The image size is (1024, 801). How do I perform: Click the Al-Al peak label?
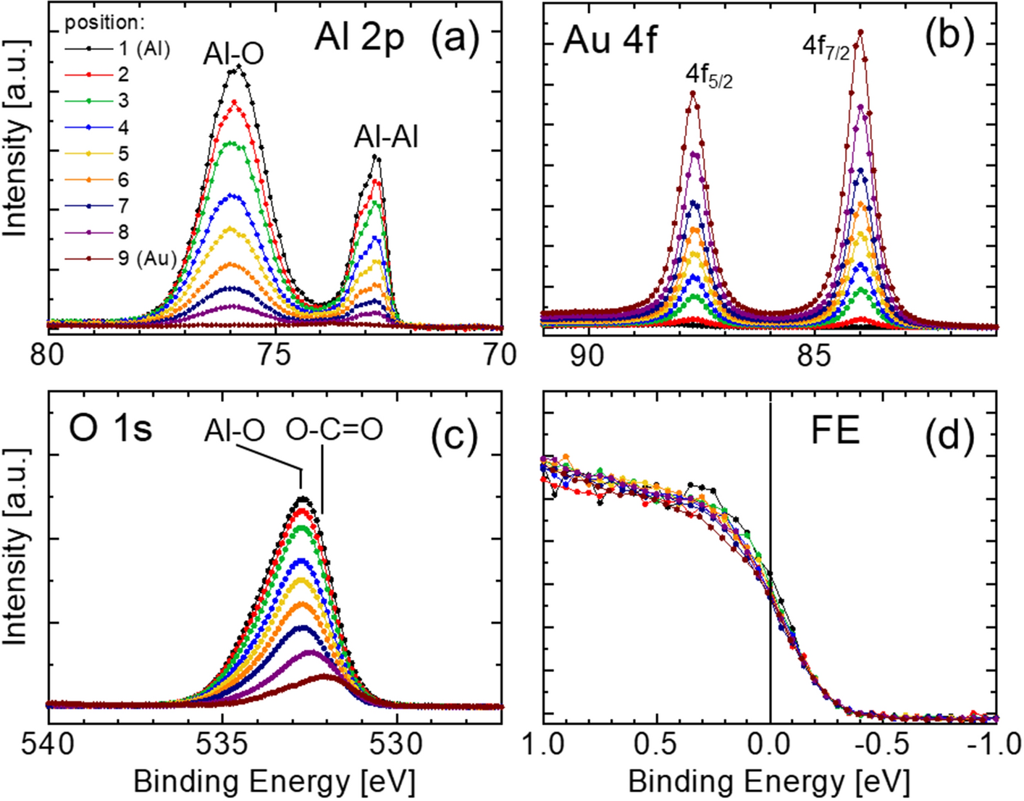coord(386,138)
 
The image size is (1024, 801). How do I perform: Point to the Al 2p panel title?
coord(358,39)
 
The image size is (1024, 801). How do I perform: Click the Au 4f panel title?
coord(610,39)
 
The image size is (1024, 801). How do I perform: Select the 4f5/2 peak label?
coord(709,75)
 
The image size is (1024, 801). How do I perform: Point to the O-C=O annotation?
coord(334,430)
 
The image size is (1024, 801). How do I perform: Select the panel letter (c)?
coord(454,436)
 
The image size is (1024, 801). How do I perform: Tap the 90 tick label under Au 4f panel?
coord(587,355)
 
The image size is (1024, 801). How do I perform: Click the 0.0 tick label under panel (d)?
coord(769,745)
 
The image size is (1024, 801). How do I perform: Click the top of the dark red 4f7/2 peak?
coord(860,32)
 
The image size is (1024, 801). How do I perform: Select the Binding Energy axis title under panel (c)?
coord(274,782)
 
